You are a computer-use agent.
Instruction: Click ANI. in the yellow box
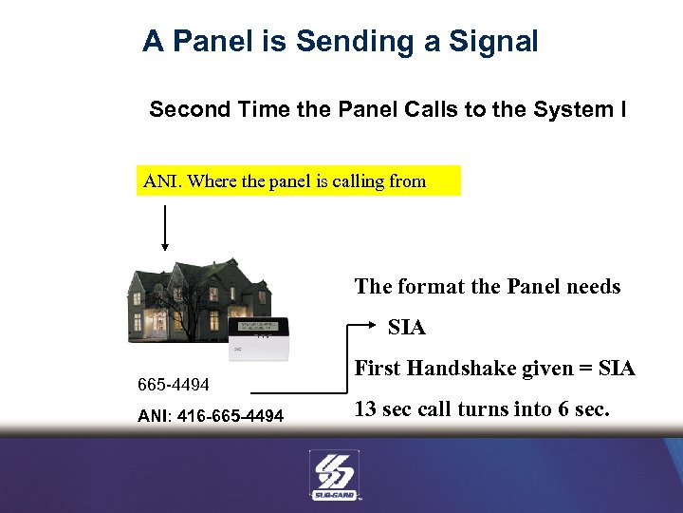[163, 180]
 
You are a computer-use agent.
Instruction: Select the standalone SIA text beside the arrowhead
[407, 328]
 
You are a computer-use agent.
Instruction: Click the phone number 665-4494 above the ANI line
[174, 385]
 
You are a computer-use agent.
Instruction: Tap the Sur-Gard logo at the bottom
[335, 473]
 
